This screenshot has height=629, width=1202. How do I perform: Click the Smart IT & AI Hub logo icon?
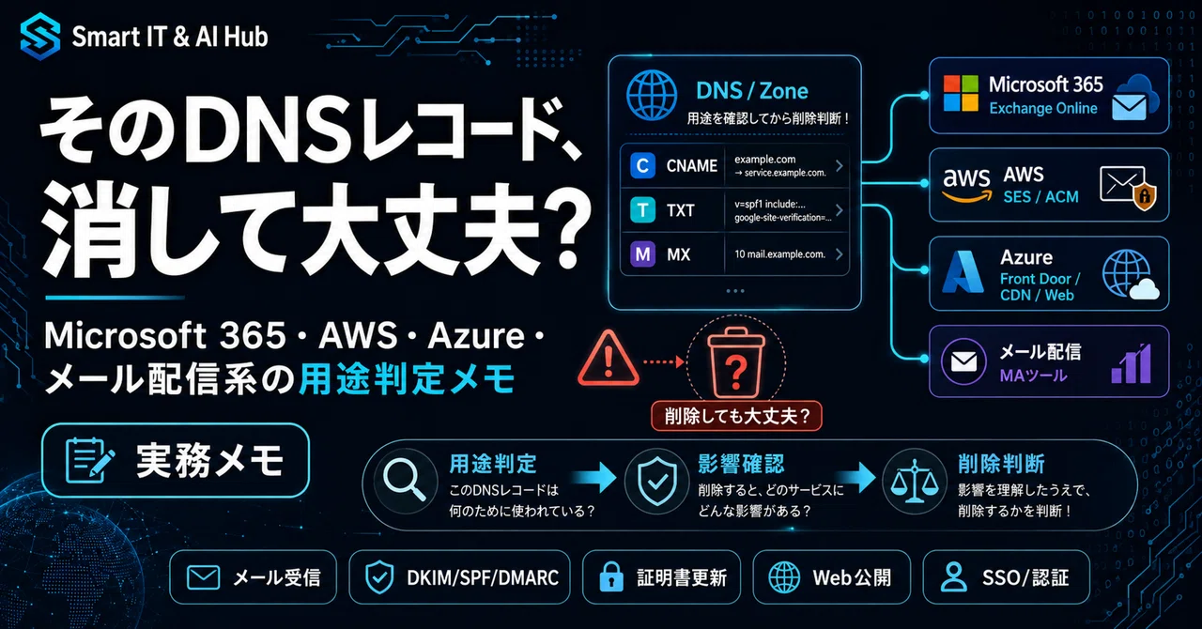coord(40,36)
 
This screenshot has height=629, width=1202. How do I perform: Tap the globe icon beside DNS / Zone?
coord(652,95)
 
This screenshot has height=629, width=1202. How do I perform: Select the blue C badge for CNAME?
coord(642,166)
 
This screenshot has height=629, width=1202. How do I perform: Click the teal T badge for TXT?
coord(642,210)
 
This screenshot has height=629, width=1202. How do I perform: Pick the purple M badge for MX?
coord(642,253)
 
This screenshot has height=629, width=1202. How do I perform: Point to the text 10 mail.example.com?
coord(779,254)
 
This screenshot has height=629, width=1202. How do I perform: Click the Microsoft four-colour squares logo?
coord(961,93)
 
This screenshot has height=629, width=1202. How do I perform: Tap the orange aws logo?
coord(967,185)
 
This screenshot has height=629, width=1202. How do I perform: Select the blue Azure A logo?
coord(963,272)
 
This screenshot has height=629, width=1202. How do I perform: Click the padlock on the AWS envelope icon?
coord(1145,196)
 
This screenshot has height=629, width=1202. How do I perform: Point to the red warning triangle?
coord(609,359)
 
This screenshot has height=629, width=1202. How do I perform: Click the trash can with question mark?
coord(736,361)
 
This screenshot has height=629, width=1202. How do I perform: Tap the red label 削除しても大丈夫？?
coord(736,416)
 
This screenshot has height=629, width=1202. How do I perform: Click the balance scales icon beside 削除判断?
coord(915,481)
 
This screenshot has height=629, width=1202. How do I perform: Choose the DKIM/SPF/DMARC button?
coord(459,577)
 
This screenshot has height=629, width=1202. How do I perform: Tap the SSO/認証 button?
coord(1006,577)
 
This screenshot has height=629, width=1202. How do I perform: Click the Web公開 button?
coord(832,577)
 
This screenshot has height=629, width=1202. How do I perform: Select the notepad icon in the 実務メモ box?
coord(89,460)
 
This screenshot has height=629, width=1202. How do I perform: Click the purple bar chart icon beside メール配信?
coord(1132,363)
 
